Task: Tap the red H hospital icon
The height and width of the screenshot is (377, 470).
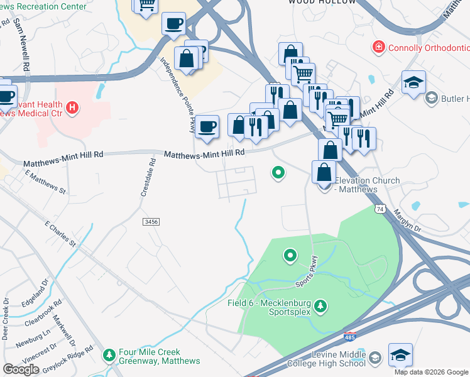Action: [x=72, y=108]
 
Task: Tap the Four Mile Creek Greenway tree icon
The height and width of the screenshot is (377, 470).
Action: [x=109, y=356]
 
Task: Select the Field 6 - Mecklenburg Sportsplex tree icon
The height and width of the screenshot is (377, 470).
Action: [x=320, y=305]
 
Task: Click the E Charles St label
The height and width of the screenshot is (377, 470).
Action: [x=60, y=233]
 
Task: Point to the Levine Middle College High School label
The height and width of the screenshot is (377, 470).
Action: [x=327, y=358]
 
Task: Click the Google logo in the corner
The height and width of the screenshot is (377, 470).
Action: [x=21, y=369]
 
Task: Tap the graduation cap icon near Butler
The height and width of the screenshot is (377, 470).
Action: [x=414, y=83]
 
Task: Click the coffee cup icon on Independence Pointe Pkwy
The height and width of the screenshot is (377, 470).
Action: [x=207, y=127]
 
